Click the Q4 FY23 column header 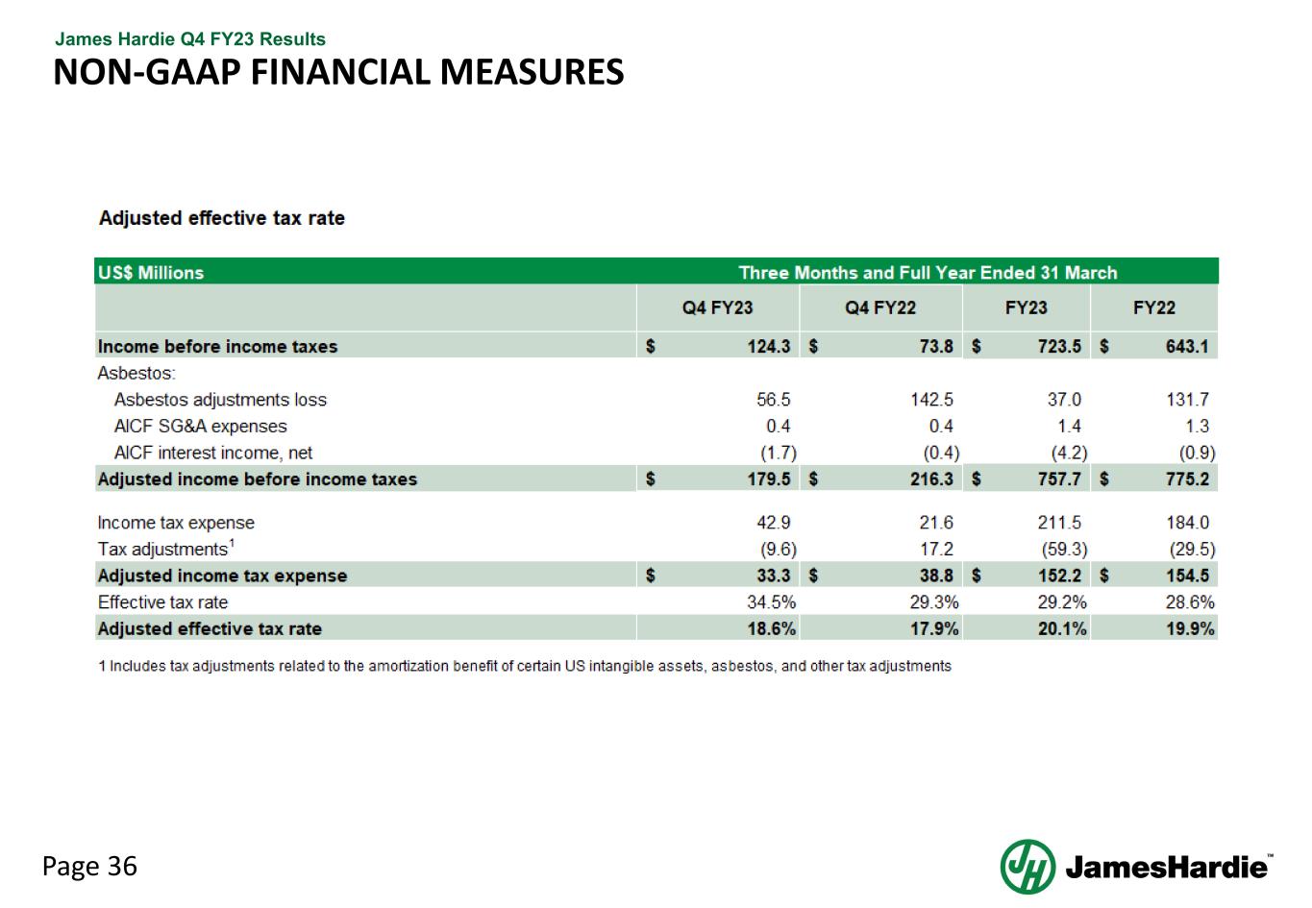click(717, 308)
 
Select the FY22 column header click(1153, 308)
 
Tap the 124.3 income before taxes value click(769, 347)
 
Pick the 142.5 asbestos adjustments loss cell click(931, 400)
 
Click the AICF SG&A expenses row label click(200, 426)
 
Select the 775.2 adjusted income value click(1187, 479)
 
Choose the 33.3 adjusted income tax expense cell click(773, 576)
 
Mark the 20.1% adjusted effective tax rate click(1062, 629)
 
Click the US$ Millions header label click(151, 273)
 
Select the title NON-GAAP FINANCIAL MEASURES click(338, 72)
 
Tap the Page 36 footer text click(89, 867)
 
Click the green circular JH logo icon click(1027, 867)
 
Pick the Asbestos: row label click(136, 373)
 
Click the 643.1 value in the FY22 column click(1187, 347)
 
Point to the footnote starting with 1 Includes click(525, 666)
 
